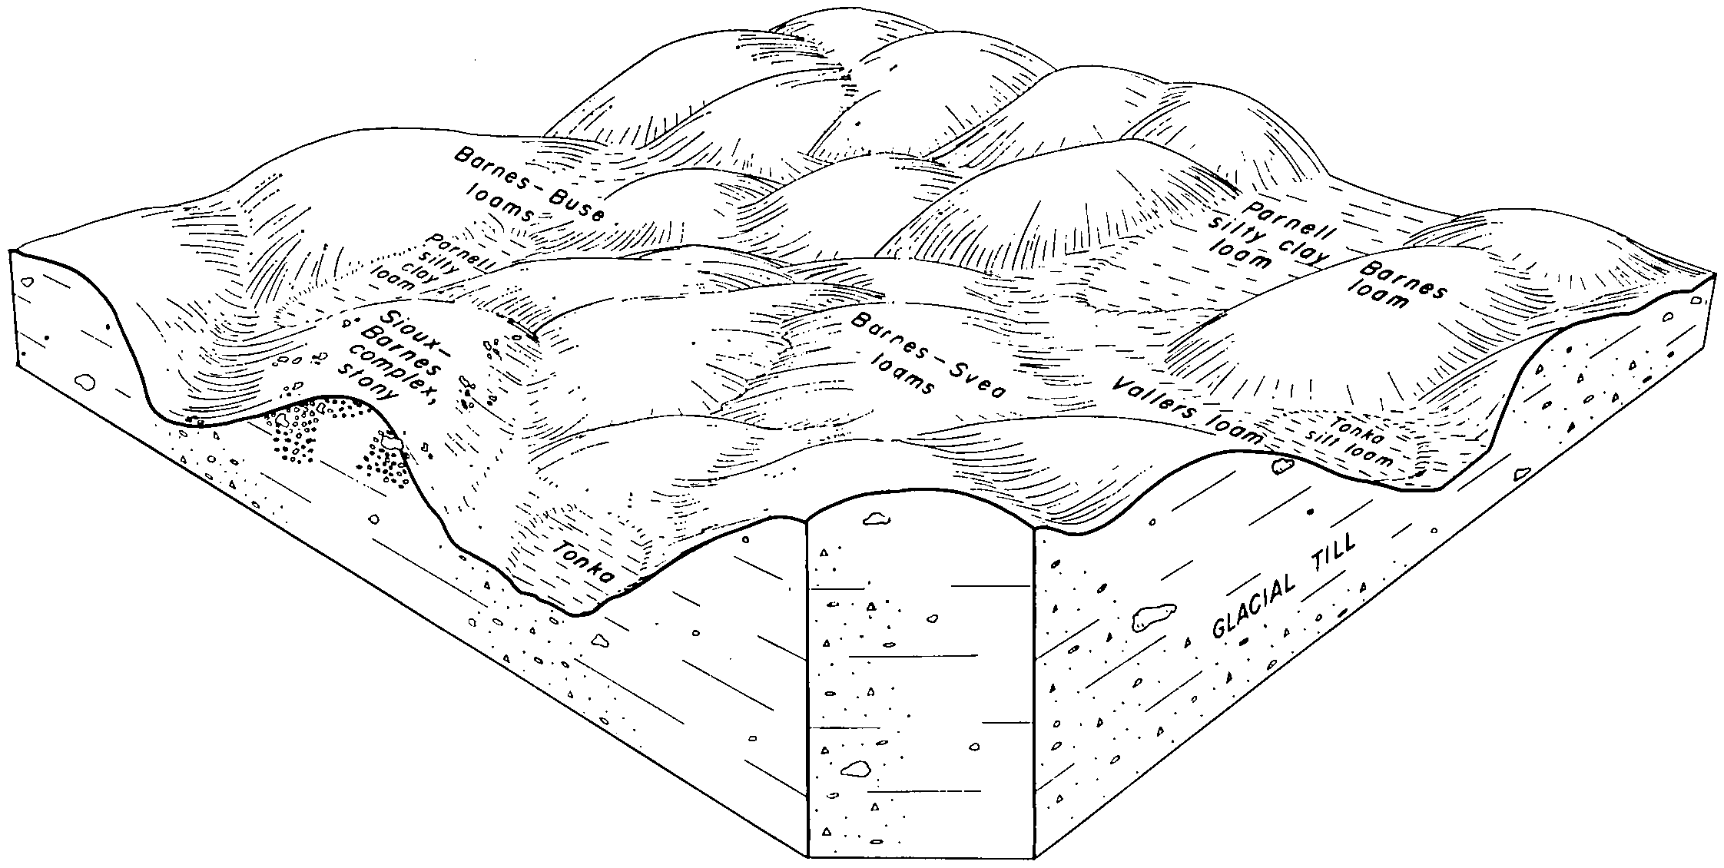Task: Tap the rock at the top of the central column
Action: click(876, 521)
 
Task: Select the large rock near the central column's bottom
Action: click(855, 767)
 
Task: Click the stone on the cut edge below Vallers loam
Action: click(1283, 466)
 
